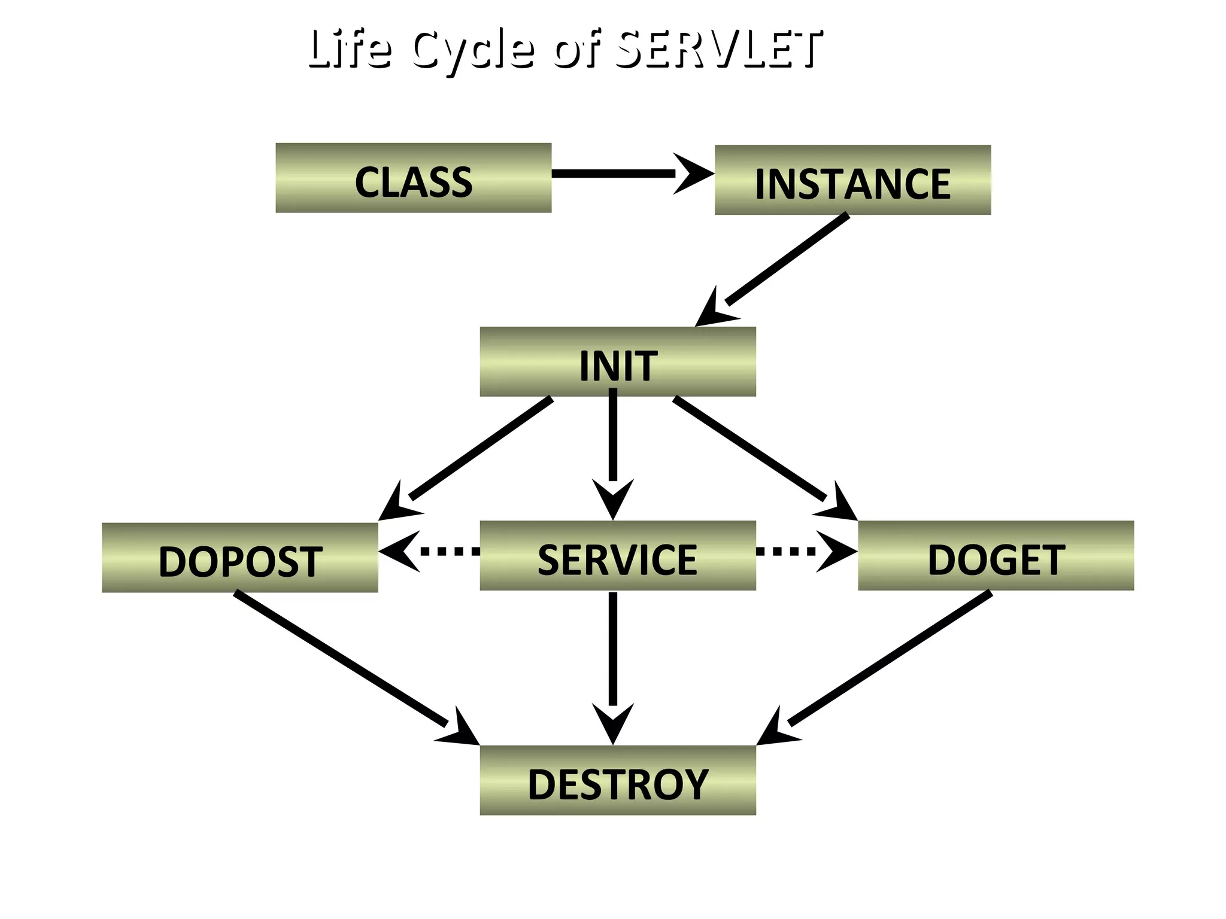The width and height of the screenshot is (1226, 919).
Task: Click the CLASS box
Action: [x=413, y=178]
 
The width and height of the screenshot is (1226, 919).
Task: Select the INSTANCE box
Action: [x=852, y=180]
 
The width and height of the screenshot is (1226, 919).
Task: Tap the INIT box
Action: [x=618, y=361]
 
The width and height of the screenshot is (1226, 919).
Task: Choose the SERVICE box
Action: [x=618, y=556]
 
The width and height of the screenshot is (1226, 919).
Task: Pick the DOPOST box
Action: [x=239, y=558]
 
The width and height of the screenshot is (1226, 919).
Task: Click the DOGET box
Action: [x=996, y=556]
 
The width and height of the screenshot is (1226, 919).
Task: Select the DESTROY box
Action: [x=618, y=780]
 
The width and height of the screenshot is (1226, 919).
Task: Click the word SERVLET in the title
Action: [x=718, y=49]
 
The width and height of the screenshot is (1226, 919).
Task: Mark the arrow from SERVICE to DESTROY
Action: [x=613, y=658]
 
